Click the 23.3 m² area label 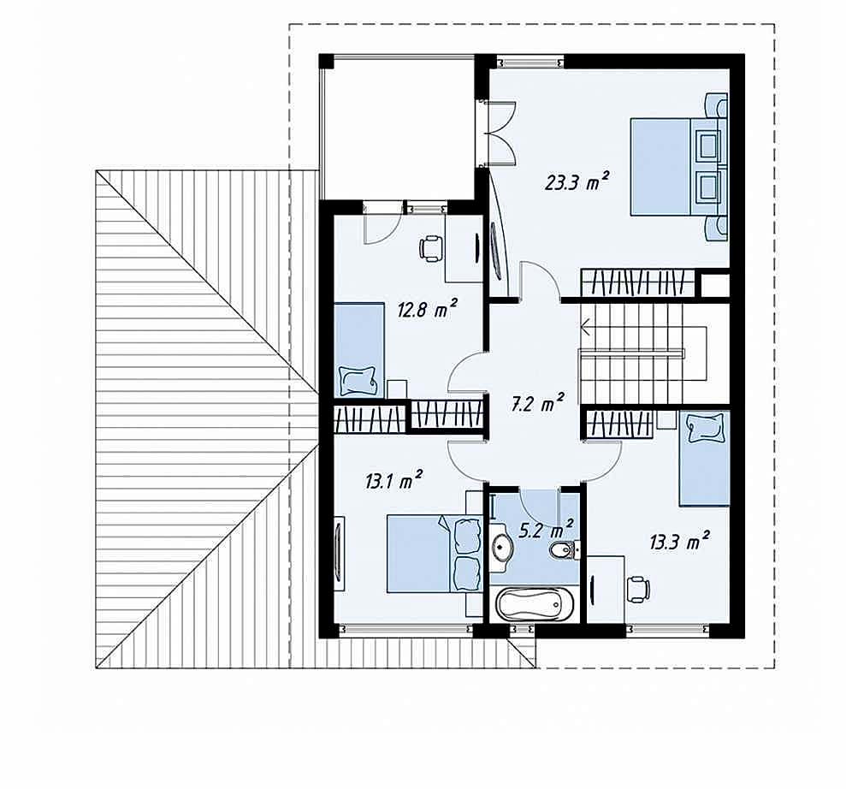coord(577,182)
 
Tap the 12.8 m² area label coord(428,309)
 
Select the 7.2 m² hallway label coord(537,402)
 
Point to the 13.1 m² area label coord(393,480)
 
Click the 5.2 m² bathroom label coord(546,530)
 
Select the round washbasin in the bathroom coord(503,547)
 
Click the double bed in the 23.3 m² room coord(678,167)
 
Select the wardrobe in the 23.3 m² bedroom coord(636,282)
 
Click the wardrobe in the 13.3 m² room coord(618,423)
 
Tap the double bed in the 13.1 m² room coord(435,553)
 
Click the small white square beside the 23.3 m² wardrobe coord(715,284)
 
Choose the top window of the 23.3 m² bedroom coord(529,62)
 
